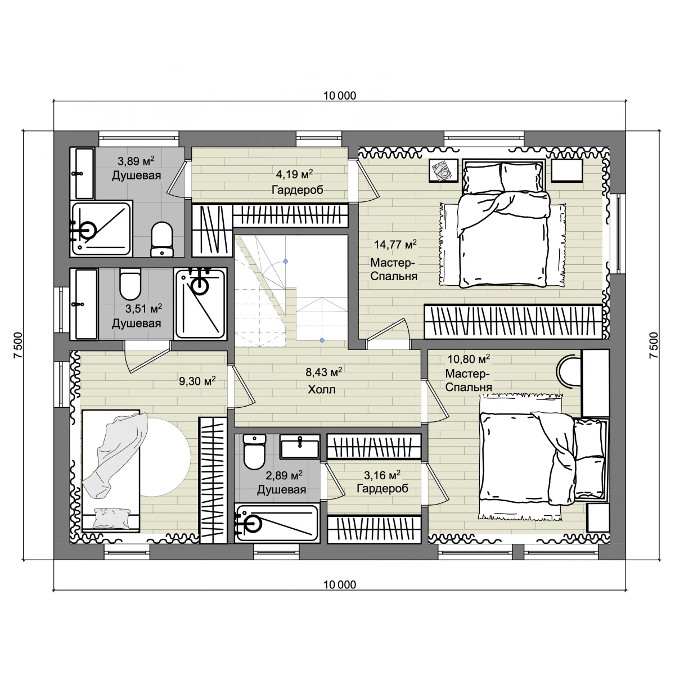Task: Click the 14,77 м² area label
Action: pyautogui.click(x=395, y=244)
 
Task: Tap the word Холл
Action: pyautogui.click(x=322, y=389)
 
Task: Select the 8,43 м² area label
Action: pyautogui.click(x=323, y=372)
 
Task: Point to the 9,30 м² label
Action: pyautogui.click(x=197, y=381)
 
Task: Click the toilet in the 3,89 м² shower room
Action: pyautogui.click(x=162, y=240)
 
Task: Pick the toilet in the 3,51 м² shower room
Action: pyautogui.click(x=130, y=284)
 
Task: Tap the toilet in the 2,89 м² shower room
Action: pyautogui.click(x=254, y=452)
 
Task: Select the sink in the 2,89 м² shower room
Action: pyautogui.click(x=299, y=446)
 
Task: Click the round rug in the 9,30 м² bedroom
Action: pyautogui.click(x=165, y=457)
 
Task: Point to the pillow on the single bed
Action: pyautogui.click(x=111, y=517)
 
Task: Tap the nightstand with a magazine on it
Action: pyautogui.click(x=444, y=170)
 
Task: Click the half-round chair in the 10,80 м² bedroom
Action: pyautogui.click(x=569, y=371)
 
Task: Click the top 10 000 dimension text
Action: pyautogui.click(x=339, y=96)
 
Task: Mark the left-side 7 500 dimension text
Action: pyautogui.click(x=18, y=345)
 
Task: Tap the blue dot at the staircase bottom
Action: pyautogui.click(x=322, y=340)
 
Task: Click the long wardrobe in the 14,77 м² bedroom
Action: pyautogui.click(x=513, y=322)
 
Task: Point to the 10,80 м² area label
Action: pyautogui.click(x=469, y=359)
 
